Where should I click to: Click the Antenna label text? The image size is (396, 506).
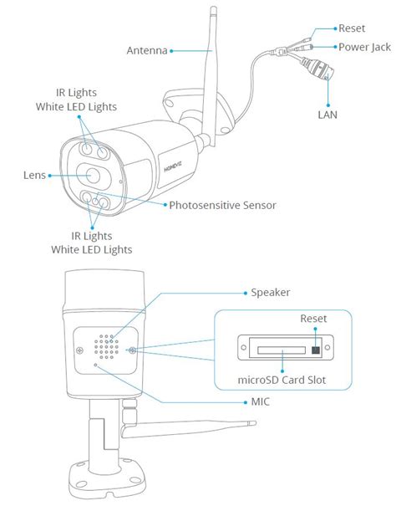[147, 51]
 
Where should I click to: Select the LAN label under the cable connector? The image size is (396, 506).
[327, 111]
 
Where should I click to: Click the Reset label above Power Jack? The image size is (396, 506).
[351, 28]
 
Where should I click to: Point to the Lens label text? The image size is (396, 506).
[33, 176]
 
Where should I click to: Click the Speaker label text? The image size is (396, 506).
[272, 293]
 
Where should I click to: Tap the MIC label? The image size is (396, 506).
[259, 401]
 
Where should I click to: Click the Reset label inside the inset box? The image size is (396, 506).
[313, 319]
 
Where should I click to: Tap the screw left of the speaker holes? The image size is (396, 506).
[78, 350]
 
